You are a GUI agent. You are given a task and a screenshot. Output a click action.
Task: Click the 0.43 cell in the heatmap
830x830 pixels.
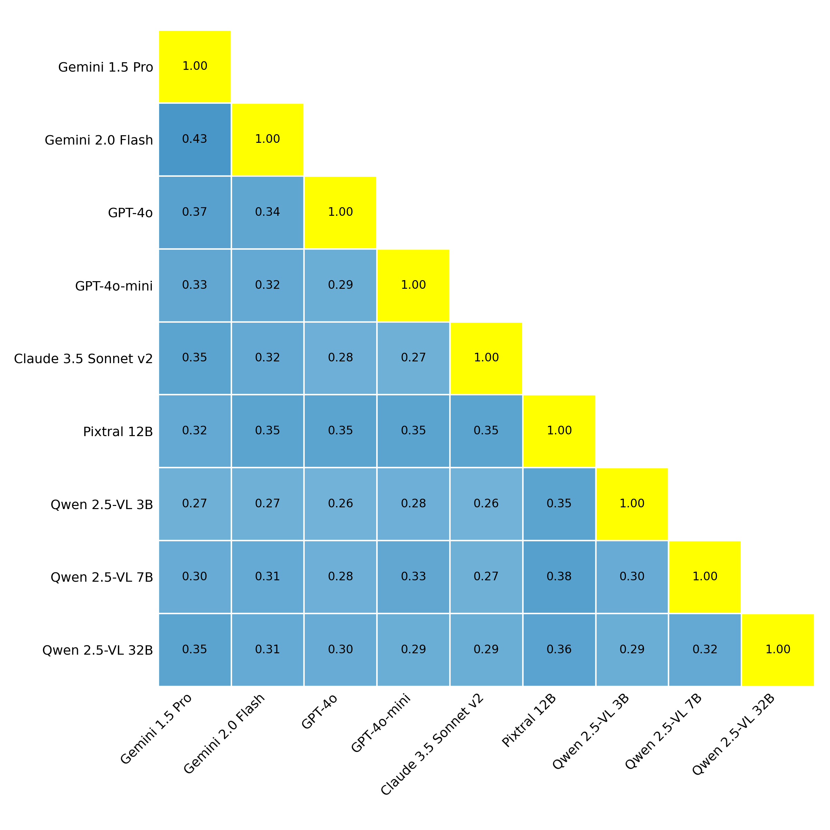[x=195, y=139]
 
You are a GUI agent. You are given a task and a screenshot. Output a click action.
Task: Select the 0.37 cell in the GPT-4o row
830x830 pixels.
[x=195, y=212]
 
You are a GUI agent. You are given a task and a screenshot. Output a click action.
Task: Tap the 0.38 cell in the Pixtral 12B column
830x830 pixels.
[x=559, y=577]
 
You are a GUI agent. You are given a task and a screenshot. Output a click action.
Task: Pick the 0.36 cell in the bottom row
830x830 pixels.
[x=559, y=649]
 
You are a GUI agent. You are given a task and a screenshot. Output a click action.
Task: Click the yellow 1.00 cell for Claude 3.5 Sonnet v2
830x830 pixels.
[x=486, y=358]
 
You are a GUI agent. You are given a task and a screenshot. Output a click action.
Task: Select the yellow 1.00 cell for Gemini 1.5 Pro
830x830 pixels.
[x=195, y=67]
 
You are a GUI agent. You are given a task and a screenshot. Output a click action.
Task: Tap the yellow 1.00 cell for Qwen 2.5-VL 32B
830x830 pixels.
[x=777, y=649]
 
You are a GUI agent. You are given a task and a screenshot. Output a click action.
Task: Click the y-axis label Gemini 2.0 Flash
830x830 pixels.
[x=99, y=140]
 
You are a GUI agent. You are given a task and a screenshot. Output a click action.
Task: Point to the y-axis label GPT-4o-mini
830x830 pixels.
[x=114, y=286]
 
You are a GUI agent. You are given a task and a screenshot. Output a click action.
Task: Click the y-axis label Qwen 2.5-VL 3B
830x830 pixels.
[x=102, y=505]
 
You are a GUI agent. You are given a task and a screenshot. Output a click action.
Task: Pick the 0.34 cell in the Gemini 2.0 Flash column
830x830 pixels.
[x=267, y=212]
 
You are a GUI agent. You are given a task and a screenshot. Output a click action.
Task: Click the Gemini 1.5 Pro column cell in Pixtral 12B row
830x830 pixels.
[x=195, y=431]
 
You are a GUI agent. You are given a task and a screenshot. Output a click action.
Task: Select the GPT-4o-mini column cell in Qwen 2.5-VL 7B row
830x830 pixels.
[x=413, y=577]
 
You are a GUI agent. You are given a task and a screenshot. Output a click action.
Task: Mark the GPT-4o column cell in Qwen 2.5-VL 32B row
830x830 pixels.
[x=340, y=649]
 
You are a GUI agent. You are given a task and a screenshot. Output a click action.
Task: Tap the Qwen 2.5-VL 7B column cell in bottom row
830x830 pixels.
[x=704, y=649]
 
